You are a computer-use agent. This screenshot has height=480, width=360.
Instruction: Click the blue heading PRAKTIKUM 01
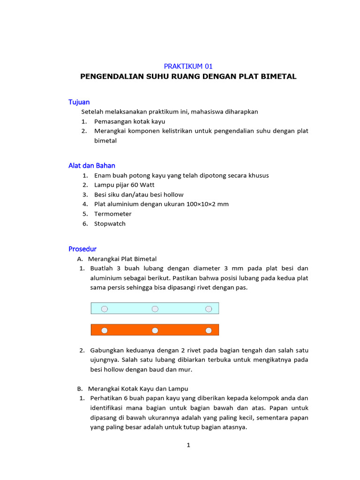(188, 66)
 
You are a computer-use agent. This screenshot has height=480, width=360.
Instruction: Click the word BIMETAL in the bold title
(279, 76)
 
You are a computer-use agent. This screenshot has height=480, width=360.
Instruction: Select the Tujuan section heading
(79, 102)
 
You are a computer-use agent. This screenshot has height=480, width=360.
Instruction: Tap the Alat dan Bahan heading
(92, 165)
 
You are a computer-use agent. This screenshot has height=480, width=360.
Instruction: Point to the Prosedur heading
(82, 249)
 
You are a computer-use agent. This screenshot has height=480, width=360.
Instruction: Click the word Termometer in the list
(113, 214)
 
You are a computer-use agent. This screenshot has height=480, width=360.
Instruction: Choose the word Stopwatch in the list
(110, 224)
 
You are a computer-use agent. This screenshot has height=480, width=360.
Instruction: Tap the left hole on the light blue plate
(105, 308)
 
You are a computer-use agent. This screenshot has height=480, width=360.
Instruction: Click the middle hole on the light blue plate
(155, 308)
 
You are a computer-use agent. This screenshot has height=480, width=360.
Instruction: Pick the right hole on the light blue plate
(209, 308)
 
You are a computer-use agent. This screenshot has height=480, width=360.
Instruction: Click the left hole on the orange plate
(105, 330)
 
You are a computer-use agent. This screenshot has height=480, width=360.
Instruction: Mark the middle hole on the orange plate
(155, 330)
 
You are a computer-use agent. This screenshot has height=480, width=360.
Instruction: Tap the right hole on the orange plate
(209, 330)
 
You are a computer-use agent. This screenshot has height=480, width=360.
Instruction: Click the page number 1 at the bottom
(188, 445)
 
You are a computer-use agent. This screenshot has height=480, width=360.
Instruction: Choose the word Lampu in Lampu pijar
(103, 185)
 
